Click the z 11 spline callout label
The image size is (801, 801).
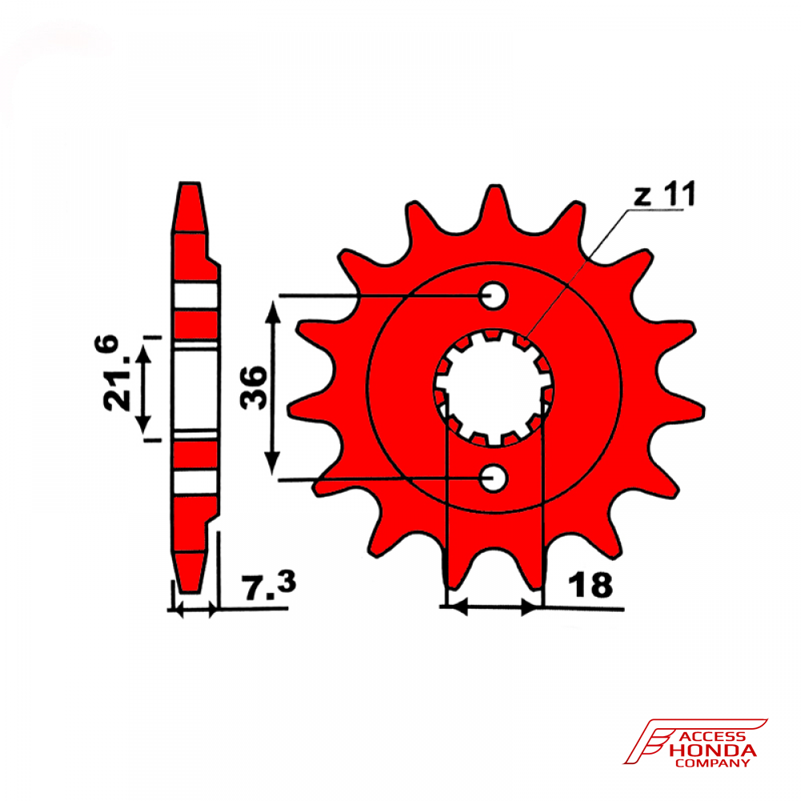[x=665, y=195]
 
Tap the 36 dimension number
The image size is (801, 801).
[x=254, y=388]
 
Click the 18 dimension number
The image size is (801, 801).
[x=590, y=585]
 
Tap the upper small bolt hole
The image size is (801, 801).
[x=493, y=296]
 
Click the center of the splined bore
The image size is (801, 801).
[x=493, y=388]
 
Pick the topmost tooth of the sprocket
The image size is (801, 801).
[x=494, y=204]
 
